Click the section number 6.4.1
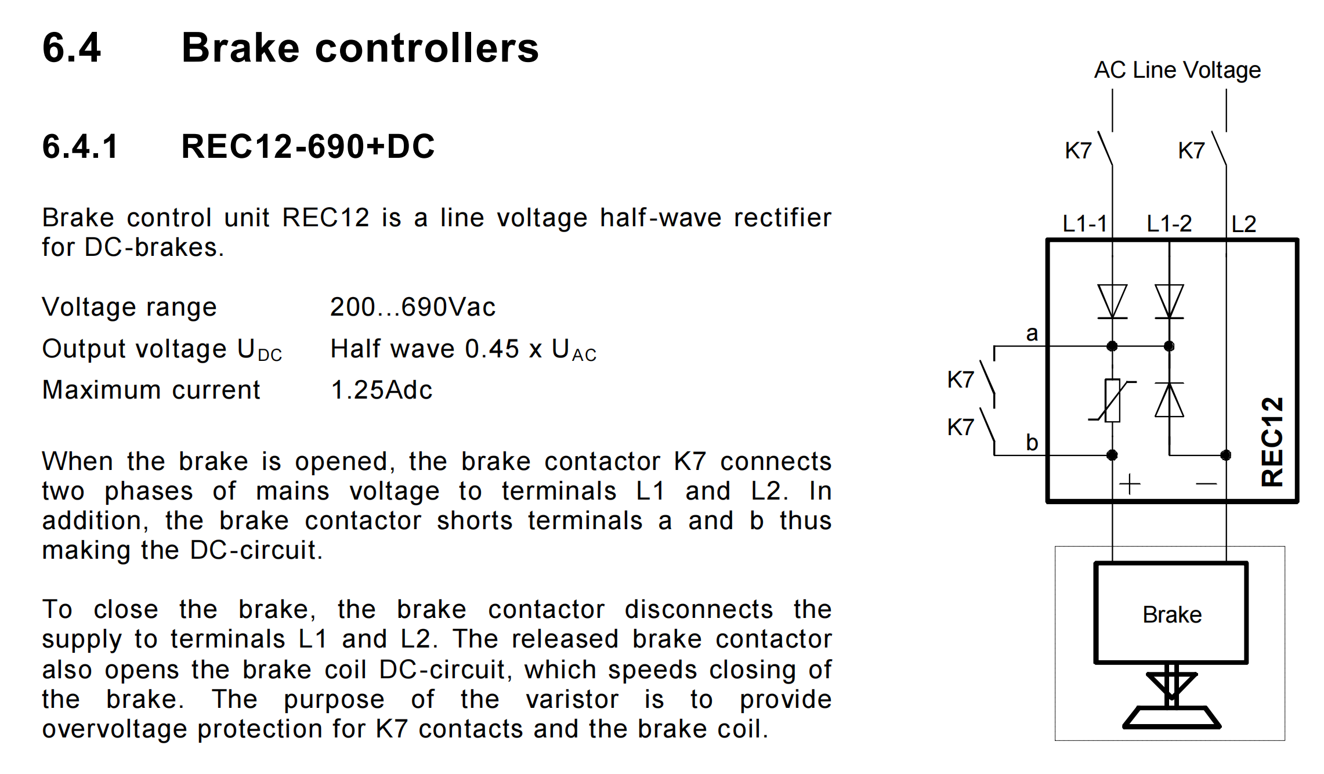coord(80,146)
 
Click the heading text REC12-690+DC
coord(308,146)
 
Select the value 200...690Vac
coord(413,307)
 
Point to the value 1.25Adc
coord(381,390)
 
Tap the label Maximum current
coord(151,390)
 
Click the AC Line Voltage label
coord(1177,70)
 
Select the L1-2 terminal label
coord(1169,223)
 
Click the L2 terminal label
coord(1243,224)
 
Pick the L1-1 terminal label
coord(1084,223)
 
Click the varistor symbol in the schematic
coord(1112,400)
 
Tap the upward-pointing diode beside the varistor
coord(1169,400)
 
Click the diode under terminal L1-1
coord(1112,301)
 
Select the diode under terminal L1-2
coord(1169,301)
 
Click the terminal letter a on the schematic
coord(1032,334)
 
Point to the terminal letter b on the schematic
coord(1032,443)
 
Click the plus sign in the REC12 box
coord(1130,484)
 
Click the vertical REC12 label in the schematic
coord(1272,441)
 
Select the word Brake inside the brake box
coord(1172,615)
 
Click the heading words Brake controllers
coord(360,48)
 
